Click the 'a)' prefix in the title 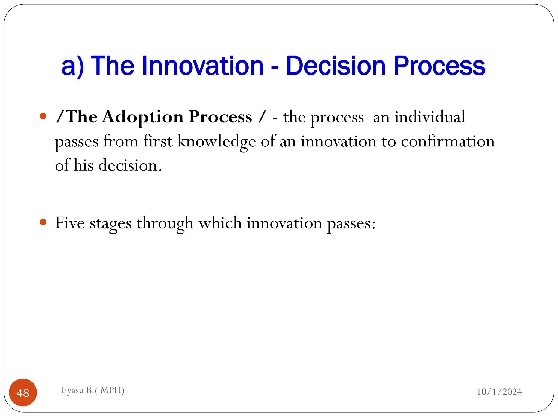point(72,66)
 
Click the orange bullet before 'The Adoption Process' point(43,116)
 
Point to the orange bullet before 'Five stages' point(43,222)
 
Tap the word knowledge point(216,142)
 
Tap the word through point(165,223)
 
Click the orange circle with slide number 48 point(23,392)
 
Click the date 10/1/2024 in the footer point(499,392)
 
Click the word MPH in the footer point(111,390)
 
